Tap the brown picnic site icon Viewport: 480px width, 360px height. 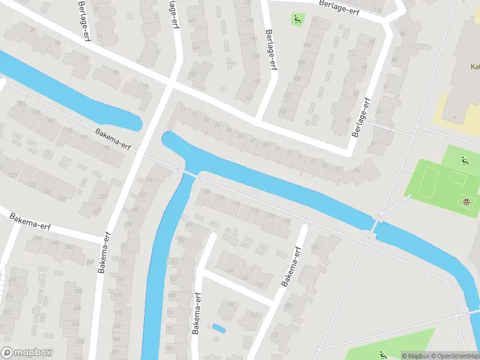click(467, 201)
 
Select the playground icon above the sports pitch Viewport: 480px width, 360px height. click(464, 160)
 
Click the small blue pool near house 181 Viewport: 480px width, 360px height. click(220, 328)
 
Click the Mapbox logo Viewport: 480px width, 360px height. click(26, 353)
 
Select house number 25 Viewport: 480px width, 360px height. click(58, 43)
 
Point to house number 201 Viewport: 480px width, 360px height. click(22, 104)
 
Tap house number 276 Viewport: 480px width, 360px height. click(13, 272)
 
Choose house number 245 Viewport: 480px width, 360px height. click(55, 243)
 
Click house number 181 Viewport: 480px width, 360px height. click(254, 314)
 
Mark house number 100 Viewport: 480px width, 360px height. click(282, 112)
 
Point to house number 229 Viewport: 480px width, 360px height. click(12, 175)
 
